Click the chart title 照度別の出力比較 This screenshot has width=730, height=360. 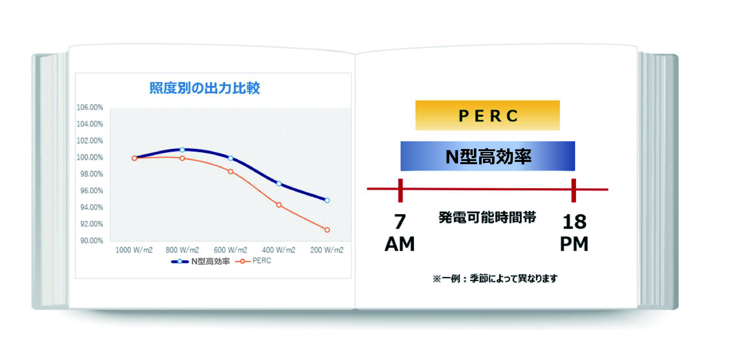(205, 88)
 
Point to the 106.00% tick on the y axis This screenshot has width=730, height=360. (90, 107)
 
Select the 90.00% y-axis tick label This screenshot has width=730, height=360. (91, 241)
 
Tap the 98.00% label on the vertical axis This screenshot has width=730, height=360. (91, 174)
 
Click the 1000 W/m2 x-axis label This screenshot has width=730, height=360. (134, 250)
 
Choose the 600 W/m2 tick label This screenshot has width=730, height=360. (230, 250)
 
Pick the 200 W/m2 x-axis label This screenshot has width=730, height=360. (327, 250)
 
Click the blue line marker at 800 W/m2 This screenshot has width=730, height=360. (182, 150)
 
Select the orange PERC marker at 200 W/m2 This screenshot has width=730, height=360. (327, 230)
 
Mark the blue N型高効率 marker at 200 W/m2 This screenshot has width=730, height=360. (327, 200)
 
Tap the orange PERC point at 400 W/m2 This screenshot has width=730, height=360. (279, 205)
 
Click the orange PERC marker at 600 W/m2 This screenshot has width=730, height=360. (231, 172)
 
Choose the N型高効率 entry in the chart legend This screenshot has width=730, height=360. (200, 261)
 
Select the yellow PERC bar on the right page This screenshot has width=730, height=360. (487, 115)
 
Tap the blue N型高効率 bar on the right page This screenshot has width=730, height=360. (488, 156)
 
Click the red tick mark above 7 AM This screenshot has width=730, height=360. (400, 190)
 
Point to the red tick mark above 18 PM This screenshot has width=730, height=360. (573, 190)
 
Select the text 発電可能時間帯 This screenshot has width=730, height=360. (487, 217)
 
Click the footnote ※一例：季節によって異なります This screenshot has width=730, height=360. (495, 278)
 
